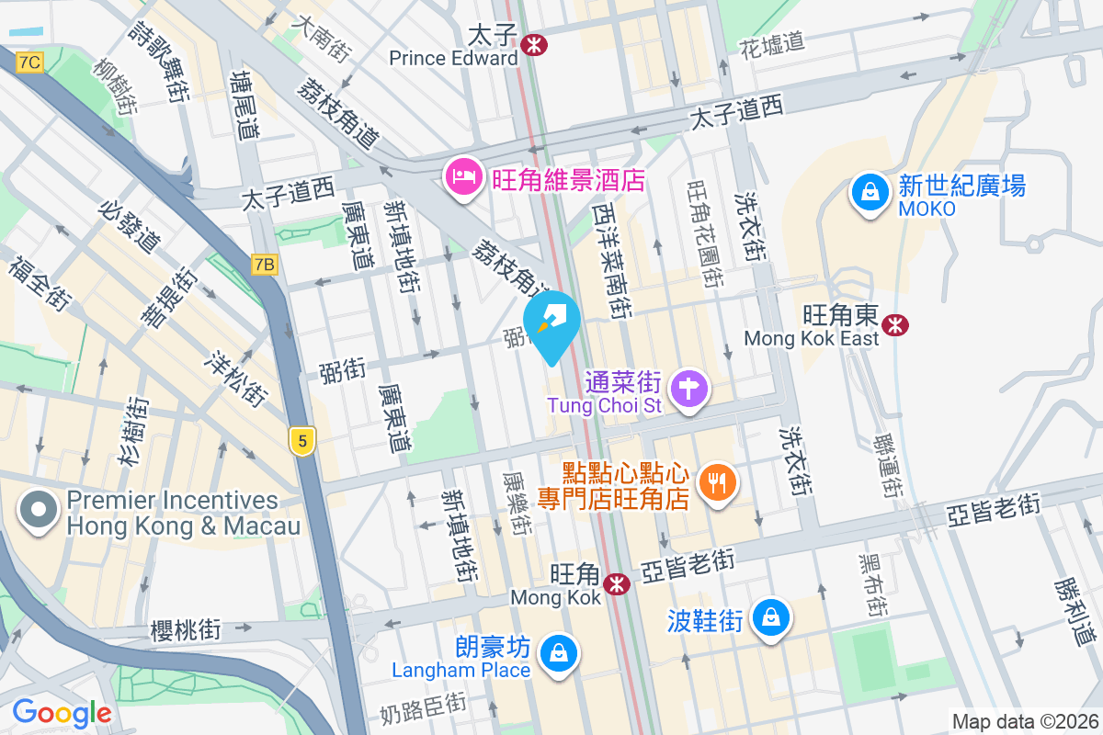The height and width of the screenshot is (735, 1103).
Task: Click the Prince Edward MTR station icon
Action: (532, 43)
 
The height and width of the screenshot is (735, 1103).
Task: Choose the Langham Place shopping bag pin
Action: (557, 654)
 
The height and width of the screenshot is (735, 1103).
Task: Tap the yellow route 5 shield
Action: (301, 441)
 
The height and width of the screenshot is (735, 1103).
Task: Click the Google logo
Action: (62, 712)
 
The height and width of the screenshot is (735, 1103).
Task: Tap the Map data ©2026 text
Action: (1024, 721)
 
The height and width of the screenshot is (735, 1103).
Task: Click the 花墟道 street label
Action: (772, 41)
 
